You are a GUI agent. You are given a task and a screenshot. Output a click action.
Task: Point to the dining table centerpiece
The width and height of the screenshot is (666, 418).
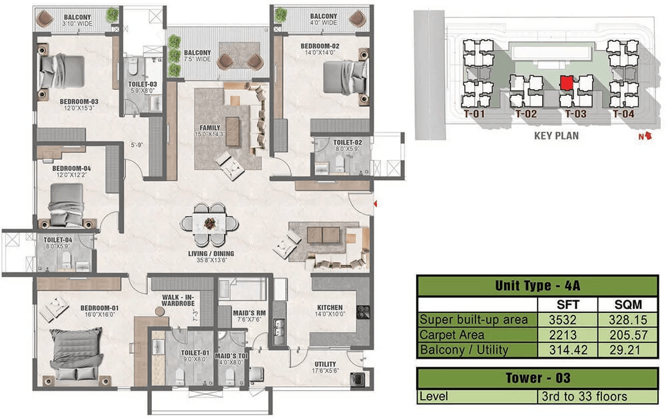209,223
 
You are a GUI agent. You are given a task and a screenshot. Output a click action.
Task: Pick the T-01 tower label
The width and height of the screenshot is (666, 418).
474,114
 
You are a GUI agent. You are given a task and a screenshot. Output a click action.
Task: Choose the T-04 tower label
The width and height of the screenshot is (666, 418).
623,114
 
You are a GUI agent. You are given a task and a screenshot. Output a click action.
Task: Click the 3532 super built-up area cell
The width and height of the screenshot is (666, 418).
563,319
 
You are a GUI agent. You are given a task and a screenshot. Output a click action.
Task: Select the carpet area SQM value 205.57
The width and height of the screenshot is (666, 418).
628,335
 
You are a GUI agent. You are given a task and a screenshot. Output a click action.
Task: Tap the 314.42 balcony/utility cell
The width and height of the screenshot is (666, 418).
568,349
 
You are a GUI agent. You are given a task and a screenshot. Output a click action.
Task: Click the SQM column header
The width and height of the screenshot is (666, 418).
628,305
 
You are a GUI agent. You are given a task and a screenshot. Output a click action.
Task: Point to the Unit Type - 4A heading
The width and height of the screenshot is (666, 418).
537,286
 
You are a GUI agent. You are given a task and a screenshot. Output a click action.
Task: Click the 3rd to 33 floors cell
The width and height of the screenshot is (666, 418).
584,396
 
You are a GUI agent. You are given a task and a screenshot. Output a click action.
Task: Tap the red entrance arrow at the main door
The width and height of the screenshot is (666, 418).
376,204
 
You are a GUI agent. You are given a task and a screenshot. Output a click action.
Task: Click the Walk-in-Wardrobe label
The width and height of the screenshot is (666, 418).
178,300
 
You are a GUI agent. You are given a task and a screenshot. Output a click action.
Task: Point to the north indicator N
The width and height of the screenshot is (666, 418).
641,136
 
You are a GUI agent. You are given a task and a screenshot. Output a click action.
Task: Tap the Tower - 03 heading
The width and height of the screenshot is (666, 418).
537,377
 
